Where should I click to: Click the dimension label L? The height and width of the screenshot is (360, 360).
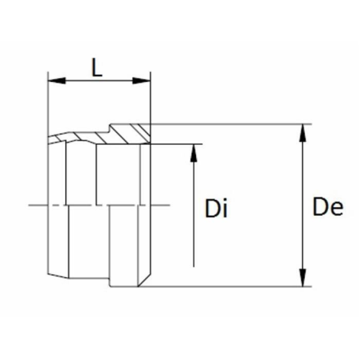[97, 67]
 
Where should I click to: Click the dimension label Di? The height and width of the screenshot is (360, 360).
[217, 209]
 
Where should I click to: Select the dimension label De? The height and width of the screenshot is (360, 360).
[328, 206]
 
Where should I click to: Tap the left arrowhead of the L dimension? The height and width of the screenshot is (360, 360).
[57, 80]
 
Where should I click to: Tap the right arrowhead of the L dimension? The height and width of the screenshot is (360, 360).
[142, 80]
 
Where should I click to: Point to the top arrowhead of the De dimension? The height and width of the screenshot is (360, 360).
[303, 133]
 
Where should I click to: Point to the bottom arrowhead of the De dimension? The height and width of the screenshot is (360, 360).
[303, 278]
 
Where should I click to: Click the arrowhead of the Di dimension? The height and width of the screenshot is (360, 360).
[194, 153]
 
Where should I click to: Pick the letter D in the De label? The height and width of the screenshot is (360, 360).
[319, 206]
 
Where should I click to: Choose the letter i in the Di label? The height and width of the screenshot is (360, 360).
[225, 209]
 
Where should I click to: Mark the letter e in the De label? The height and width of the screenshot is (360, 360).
[336, 209]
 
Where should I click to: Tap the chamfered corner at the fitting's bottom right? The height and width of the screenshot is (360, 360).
[144, 280]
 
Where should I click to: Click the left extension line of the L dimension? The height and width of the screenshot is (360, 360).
[48, 104]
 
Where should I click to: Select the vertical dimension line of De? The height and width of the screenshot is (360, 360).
[303, 205]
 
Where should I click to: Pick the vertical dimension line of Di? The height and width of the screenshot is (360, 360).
[194, 205]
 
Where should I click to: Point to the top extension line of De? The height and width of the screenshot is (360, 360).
[231, 124]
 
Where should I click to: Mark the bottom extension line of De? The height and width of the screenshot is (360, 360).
[225, 287]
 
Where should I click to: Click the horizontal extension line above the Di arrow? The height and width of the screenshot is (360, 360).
[177, 144]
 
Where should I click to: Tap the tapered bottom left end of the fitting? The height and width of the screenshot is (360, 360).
[58, 276]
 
